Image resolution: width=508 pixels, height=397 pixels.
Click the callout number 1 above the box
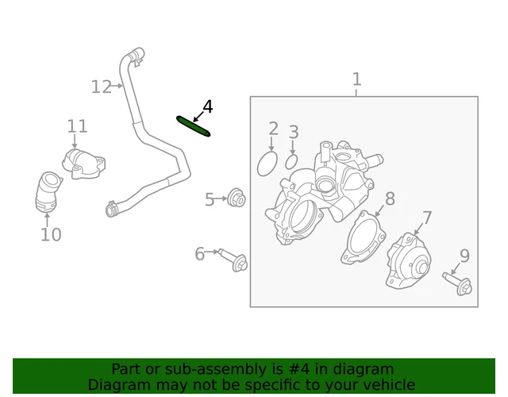click(x=356, y=79)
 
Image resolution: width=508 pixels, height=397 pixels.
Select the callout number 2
click(x=273, y=129)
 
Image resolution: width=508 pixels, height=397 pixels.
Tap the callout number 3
click(x=294, y=133)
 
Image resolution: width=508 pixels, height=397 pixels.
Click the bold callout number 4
click(x=207, y=107)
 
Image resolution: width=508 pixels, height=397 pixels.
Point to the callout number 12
click(x=102, y=87)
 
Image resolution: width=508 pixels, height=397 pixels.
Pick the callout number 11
click(x=77, y=127)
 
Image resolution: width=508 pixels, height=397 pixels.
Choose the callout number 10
click(x=51, y=234)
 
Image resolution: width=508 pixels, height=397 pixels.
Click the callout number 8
click(x=390, y=198)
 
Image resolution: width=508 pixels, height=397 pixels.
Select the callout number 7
click(x=427, y=218)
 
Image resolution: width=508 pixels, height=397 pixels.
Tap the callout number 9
click(x=464, y=256)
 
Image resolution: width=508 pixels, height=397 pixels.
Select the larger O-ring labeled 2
click(x=267, y=164)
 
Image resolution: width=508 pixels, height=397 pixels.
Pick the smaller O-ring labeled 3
click(x=291, y=162)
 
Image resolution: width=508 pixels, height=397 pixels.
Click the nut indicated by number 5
click(x=236, y=197)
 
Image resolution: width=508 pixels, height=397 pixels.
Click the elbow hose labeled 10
click(x=48, y=193)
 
